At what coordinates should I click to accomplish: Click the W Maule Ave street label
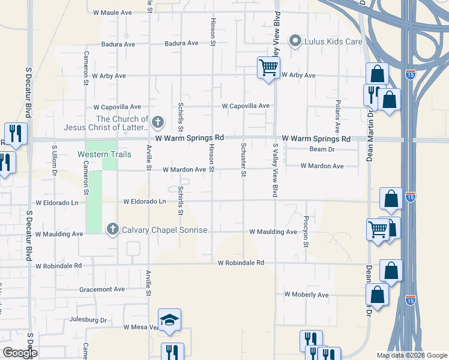[x=112, y=12]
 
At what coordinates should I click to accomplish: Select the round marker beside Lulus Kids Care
[x=295, y=41]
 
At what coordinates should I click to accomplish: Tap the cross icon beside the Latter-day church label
[x=158, y=123]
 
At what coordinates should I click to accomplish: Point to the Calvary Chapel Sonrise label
[x=164, y=230]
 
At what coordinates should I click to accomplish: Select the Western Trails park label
[x=104, y=154]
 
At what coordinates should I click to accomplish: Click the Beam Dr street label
[x=321, y=149]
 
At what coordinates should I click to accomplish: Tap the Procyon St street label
[x=306, y=232]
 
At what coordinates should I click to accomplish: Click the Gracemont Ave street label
[x=102, y=289]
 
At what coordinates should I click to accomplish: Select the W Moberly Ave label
[x=306, y=295]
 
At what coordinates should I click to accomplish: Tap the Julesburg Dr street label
[x=88, y=320]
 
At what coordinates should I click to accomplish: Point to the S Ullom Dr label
[x=54, y=159]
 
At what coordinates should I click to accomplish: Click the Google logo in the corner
[x=20, y=353]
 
